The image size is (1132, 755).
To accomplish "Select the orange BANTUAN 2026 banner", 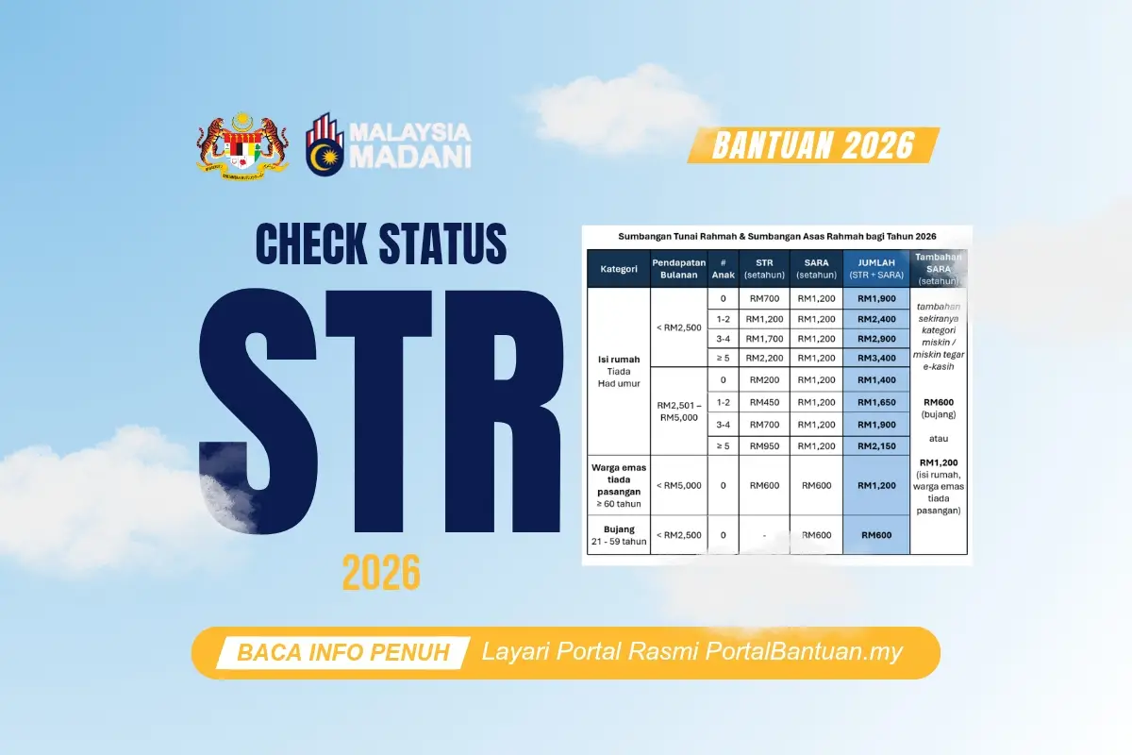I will (813, 144).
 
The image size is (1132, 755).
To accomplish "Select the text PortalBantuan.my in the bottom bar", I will (805, 652).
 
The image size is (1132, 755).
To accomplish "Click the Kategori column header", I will (618, 269).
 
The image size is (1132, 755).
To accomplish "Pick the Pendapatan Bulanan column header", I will (678, 269).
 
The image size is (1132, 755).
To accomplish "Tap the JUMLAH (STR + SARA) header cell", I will (876, 269).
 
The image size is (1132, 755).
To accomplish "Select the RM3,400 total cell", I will (876, 359).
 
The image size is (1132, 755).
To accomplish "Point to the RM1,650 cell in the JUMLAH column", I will (876, 402).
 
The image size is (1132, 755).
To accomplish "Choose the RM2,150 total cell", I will (876, 445).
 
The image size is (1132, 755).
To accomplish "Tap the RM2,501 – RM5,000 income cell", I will (678, 411).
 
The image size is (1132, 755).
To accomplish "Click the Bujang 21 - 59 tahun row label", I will (618, 534).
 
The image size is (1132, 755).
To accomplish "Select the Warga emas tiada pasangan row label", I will (618, 485).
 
